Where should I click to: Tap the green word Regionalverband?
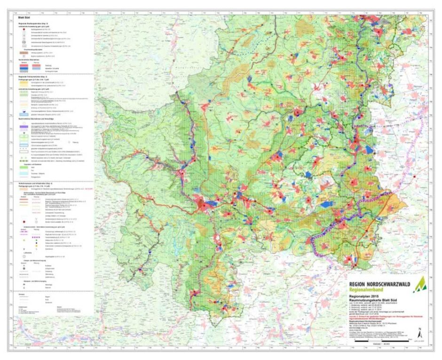(x=369, y=290)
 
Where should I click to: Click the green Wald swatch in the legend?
(x=23, y=167)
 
